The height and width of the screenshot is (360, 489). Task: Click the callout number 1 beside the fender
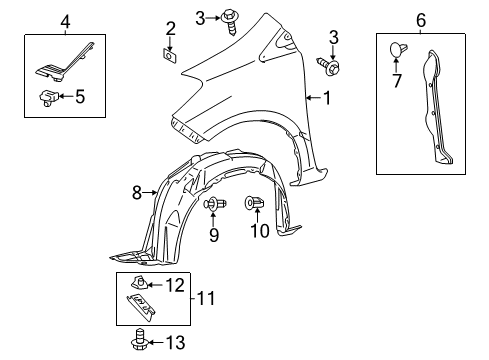(x=327, y=97)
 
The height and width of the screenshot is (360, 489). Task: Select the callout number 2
(x=170, y=27)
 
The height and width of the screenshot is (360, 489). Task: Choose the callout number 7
(x=397, y=80)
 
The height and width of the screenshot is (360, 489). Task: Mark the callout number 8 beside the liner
(x=136, y=192)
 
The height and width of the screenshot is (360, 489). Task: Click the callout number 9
(x=214, y=236)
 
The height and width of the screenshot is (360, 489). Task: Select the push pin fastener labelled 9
(x=213, y=206)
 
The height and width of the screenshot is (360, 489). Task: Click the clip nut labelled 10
(x=255, y=207)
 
